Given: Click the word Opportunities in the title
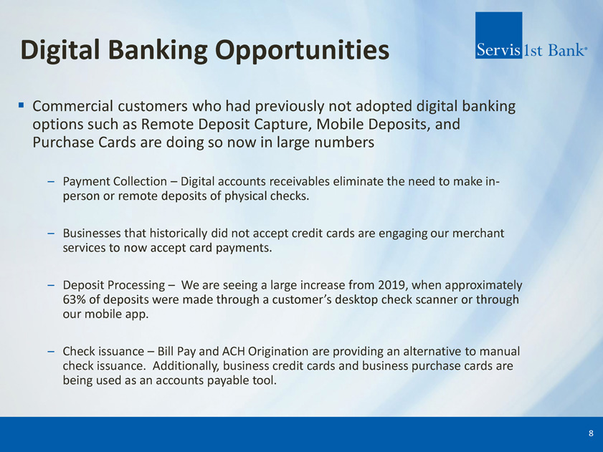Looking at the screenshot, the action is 302,51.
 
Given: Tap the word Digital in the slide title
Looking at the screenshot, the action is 60,51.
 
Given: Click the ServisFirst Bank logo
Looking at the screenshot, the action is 531,35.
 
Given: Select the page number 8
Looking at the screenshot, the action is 591,433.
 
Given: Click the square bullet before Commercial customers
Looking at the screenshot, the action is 21,105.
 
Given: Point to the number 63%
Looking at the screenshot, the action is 75,299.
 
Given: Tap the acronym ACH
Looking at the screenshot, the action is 234,351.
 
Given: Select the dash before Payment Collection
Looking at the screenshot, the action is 51,181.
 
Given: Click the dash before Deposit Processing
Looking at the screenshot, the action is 51,285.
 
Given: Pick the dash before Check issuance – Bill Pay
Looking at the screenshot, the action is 51,352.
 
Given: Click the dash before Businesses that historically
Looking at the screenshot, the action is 51,234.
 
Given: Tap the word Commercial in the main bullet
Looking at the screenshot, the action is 72,106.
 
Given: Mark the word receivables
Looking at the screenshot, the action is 300,181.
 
